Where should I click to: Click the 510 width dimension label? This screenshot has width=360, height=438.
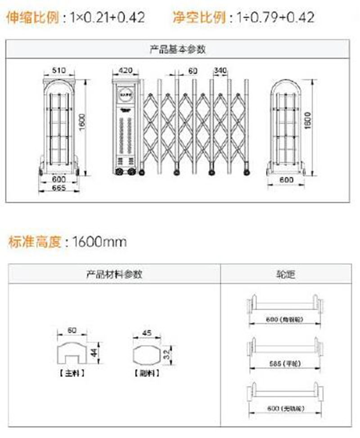59,70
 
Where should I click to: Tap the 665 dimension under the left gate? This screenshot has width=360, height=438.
59,188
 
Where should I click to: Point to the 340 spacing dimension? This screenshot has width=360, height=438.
220,70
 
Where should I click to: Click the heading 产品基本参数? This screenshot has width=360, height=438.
178,49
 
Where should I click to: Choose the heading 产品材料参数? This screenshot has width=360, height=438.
114,274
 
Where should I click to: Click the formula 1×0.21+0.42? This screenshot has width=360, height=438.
107,18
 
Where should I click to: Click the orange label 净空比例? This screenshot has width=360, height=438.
199,18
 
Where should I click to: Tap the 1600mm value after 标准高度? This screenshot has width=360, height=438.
99,242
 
